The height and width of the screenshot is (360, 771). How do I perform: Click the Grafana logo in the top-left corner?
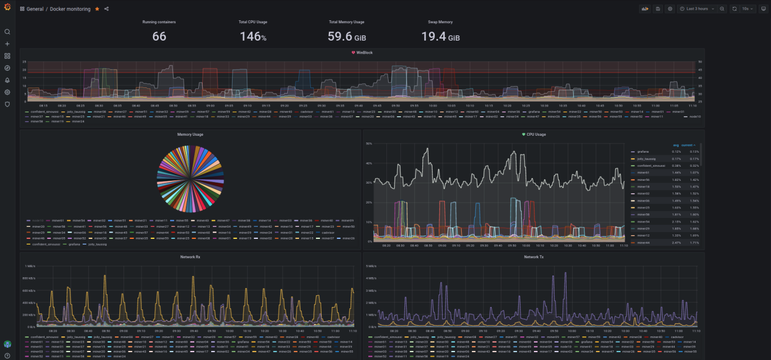coord(7,8)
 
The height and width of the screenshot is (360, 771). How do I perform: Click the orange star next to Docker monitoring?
coord(97,9)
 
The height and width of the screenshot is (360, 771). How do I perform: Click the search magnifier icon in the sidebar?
coord(7,32)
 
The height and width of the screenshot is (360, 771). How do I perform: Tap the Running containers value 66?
coord(159,37)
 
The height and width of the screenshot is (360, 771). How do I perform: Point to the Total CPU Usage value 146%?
coord(253,37)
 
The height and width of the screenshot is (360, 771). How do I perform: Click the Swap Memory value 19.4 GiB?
coord(440,37)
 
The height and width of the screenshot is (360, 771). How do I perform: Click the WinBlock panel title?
coord(364,52)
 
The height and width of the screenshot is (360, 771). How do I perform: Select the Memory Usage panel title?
coord(190,135)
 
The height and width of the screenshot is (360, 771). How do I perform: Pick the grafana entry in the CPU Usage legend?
coord(643,152)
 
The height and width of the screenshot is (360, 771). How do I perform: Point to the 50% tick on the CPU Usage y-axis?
coord(369,144)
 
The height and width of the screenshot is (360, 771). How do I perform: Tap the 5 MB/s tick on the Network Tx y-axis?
coord(371,266)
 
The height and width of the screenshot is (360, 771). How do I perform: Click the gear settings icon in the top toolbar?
coord(670,9)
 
